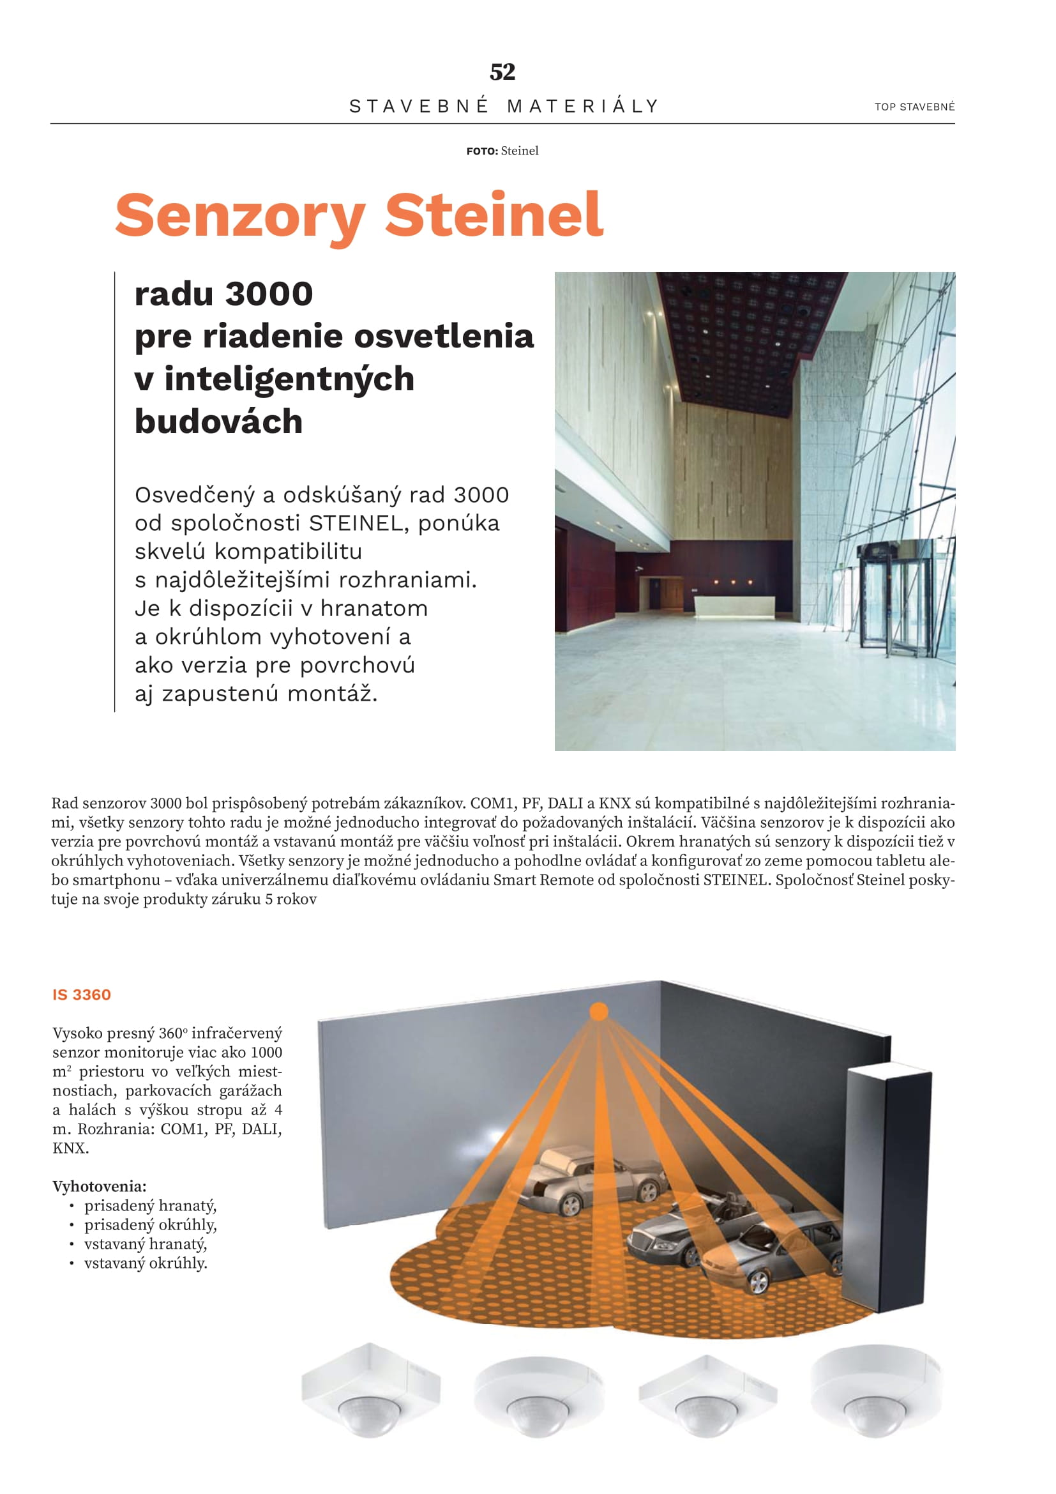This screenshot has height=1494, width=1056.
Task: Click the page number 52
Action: (x=502, y=72)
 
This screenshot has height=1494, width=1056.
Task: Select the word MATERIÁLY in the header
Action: (x=584, y=106)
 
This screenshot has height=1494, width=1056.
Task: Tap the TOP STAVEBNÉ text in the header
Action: (x=914, y=107)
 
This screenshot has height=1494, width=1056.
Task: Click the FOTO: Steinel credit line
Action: (x=502, y=151)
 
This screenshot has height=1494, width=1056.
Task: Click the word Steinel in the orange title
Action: (x=494, y=215)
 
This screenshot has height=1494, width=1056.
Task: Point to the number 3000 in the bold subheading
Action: (x=269, y=294)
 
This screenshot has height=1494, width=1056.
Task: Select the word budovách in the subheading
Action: (x=218, y=422)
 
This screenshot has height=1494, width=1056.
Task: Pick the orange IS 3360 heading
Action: (x=82, y=995)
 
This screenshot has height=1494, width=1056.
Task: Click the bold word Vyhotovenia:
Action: (x=100, y=1186)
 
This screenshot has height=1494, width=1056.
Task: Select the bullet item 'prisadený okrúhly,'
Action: (x=150, y=1224)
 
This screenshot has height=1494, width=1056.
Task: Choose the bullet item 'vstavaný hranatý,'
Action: (x=146, y=1244)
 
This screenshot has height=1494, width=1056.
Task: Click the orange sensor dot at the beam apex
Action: (x=598, y=1012)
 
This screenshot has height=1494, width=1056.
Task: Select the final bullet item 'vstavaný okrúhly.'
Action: (x=146, y=1263)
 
